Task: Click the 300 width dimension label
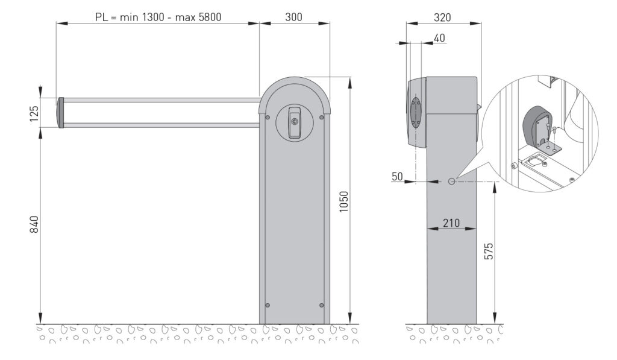293,17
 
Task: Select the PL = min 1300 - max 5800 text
158,17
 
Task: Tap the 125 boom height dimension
34,113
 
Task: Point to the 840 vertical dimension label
34,224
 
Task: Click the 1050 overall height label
343,201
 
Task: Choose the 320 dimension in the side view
442,17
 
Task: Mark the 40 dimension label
439,38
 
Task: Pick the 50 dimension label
398,177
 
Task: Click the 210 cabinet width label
451,223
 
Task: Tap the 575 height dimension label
488,251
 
